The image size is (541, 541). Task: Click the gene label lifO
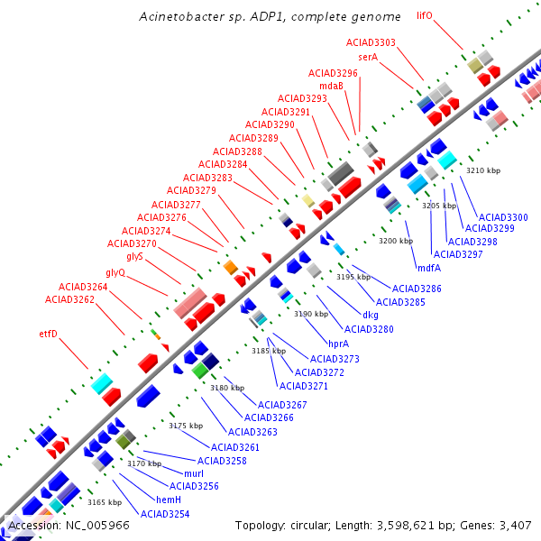coord(425,15)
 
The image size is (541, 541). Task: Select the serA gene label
coord(367,57)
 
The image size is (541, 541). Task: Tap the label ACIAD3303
coord(371,42)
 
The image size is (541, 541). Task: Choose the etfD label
coord(48,334)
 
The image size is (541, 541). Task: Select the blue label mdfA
coord(429,267)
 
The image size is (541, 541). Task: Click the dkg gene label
coord(371,315)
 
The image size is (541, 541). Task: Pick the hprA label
coord(338,344)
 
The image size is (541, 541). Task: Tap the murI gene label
coord(194,473)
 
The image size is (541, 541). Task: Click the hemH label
coord(170,500)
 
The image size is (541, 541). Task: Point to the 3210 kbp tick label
coord(482,170)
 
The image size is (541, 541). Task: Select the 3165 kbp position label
coord(105,502)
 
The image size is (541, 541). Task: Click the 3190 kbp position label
coord(311,314)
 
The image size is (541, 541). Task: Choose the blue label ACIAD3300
coord(503,217)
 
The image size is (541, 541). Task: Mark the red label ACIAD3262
coord(69,299)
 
